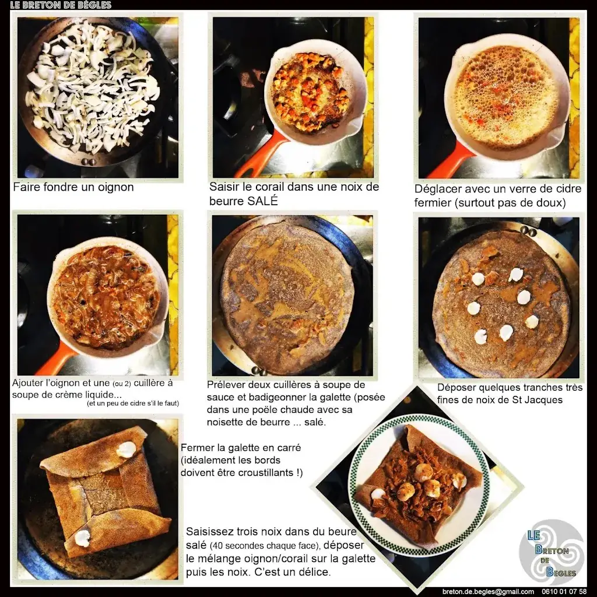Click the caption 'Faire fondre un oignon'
73,188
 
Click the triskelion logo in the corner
552,552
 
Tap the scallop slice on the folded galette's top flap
126,449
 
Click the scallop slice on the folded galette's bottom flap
83,538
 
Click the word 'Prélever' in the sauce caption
228,385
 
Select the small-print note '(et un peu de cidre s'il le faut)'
133,403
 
